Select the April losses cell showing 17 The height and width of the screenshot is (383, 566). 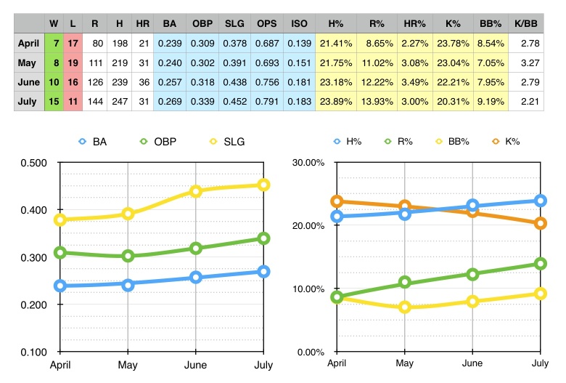tap(74, 44)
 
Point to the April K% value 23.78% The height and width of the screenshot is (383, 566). tap(454, 44)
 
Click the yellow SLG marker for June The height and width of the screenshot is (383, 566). tap(195, 191)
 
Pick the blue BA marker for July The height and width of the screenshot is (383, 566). tap(263, 272)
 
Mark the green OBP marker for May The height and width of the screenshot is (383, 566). tap(128, 256)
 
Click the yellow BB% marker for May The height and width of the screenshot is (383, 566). tap(405, 307)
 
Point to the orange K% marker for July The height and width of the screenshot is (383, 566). tap(541, 223)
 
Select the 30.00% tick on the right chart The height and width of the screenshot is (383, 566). tap(306, 162)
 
